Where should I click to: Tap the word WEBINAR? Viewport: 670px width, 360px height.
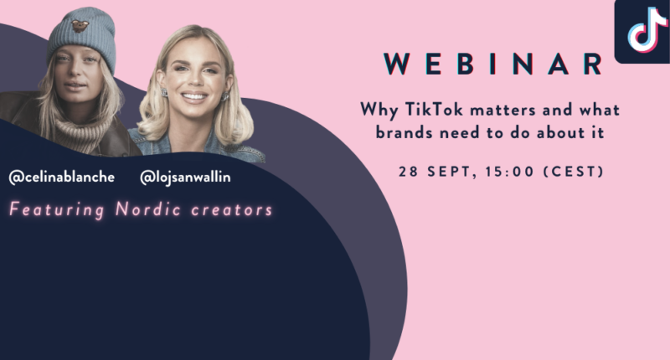pyautogui.click(x=493, y=64)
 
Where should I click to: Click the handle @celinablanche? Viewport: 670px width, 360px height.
pyautogui.click(x=61, y=177)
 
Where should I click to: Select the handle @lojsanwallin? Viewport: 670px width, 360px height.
pyautogui.click(x=185, y=177)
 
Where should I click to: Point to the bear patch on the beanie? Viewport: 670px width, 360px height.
pyautogui.click(x=80, y=26)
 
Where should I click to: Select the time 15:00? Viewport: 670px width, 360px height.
pyautogui.click(x=510, y=172)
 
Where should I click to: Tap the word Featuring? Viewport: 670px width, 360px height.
pyautogui.click(x=57, y=210)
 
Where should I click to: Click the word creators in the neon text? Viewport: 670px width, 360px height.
pyautogui.click(x=232, y=210)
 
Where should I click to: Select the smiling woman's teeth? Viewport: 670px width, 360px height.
pyautogui.click(x=194, y=96)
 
